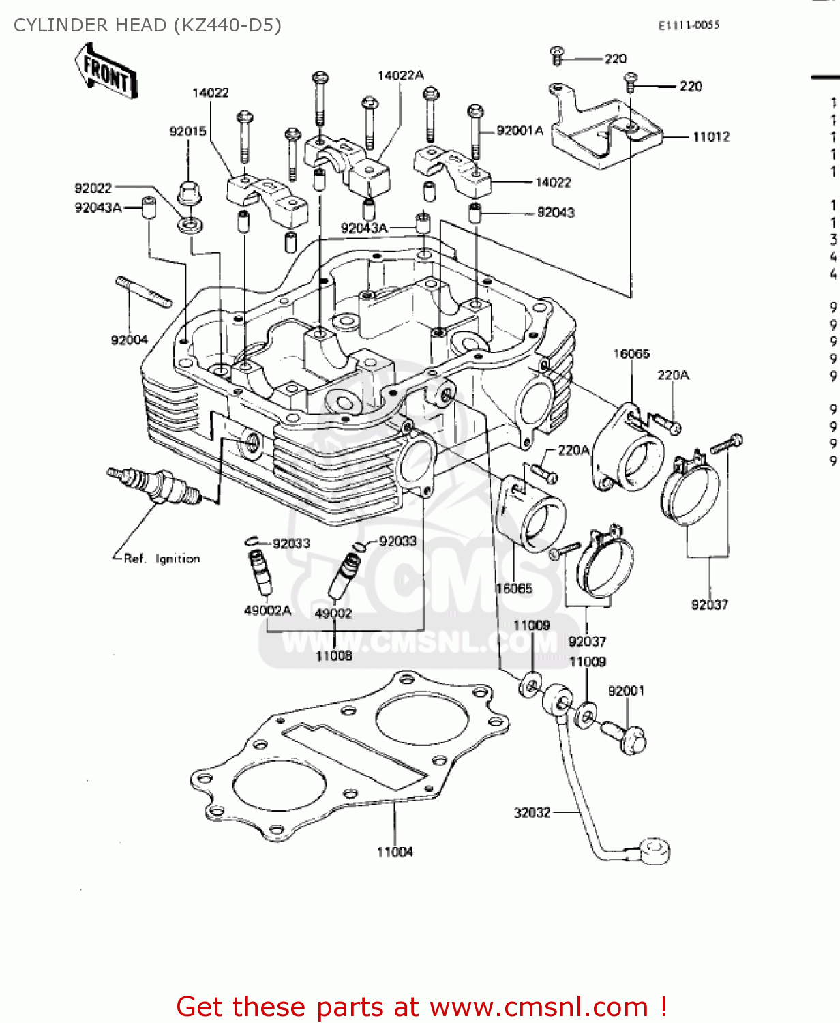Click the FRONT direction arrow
106,70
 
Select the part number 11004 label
395,852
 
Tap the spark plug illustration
154,485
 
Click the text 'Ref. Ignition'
162,559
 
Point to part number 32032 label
532,812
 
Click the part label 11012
711,137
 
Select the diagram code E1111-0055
689,25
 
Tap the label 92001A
520,131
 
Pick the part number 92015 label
187,132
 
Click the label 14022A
401,76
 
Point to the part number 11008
334,656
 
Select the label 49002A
268,610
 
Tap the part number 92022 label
93,188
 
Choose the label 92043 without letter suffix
556,213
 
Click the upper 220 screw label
616,59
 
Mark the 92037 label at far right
710,605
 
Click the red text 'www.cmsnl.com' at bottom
539,1007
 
